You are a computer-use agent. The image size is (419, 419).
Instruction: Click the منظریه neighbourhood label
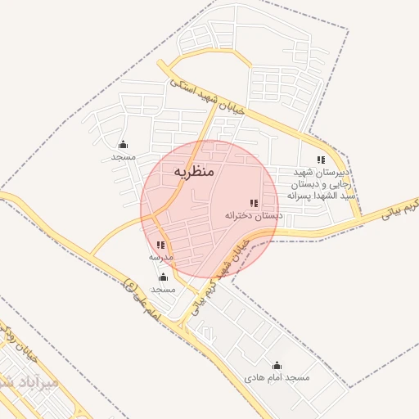(x=194, y=172)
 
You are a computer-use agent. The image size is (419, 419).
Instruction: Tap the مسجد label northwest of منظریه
(x=124, y=156)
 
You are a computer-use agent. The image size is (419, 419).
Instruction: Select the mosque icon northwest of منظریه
(x=124, y=145)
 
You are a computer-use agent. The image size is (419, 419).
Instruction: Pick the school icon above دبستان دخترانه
(x=254, y=203)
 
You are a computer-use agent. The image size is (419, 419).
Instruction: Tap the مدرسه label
(x=160, y=257)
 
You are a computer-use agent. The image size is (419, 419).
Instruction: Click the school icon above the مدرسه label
(x=160, y=245)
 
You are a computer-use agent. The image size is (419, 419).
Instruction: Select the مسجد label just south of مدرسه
(x=164, y=289)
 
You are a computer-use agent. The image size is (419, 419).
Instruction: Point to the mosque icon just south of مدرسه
(x=164, y=277)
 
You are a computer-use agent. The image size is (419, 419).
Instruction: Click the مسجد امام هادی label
(x=277, y=378)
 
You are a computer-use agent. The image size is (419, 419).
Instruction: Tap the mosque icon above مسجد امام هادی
(x=277, y=366)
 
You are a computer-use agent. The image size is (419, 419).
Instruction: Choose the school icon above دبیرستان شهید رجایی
(x=322, y=160)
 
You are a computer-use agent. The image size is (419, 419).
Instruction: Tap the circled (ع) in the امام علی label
(x=129, y=285)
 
